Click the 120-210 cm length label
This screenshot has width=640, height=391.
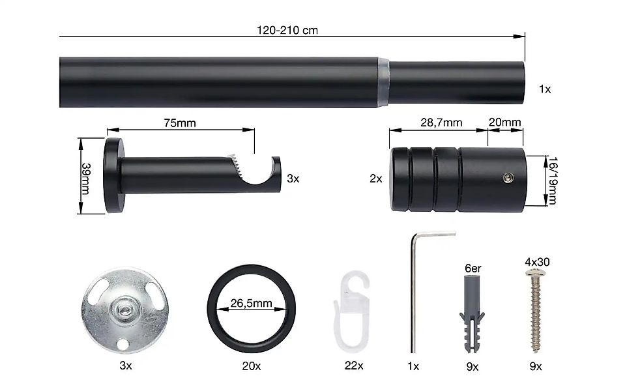[287, 30]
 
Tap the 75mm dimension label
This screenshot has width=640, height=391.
[180, 123]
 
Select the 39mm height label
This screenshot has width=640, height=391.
[86, 179]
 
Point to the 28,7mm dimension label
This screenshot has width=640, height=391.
[441, 123]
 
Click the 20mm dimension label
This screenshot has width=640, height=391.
[505, 122]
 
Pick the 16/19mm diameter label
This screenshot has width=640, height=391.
[553, 181]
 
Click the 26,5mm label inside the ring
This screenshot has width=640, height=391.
[252, 303]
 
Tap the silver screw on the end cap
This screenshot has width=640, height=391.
[508, 177]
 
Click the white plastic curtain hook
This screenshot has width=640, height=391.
[351, 312]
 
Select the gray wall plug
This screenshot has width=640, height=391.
[472, 314]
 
